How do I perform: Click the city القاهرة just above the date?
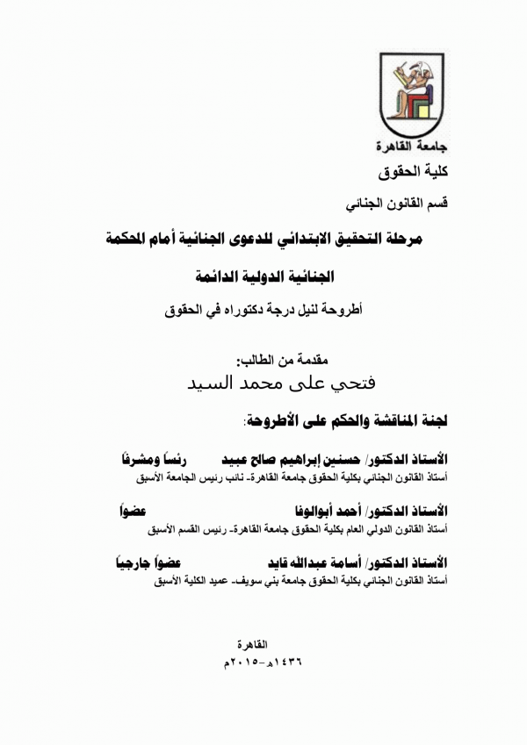pos(259,645)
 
